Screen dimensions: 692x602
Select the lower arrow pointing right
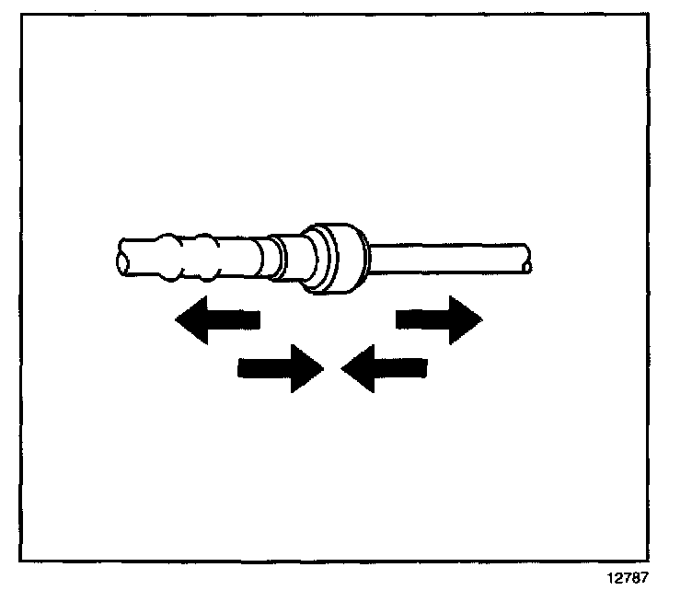point(280,368)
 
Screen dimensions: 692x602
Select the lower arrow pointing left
point(385,368)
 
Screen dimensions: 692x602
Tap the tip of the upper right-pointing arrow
point(480,319)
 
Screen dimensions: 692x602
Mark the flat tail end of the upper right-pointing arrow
point(398,319)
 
